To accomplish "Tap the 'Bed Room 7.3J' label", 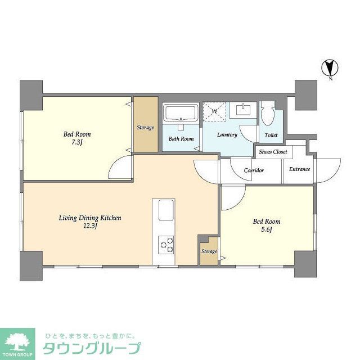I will [x=77, y=138].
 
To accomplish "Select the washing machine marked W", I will [x=213, y=111].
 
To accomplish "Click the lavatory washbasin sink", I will [x=244, y=110].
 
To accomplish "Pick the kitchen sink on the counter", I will [x=166, y=211].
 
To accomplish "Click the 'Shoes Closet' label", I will [x=273, y=152].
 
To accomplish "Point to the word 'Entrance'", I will [x=299, y=169].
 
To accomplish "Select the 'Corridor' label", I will [x=254, y=170].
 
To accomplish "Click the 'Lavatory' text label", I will [x=227, y=135].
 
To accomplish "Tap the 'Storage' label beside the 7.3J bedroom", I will [x=146, y=128].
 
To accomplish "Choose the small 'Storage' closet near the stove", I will [x=209, y=251].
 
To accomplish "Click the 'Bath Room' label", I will [x=181, y=139].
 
